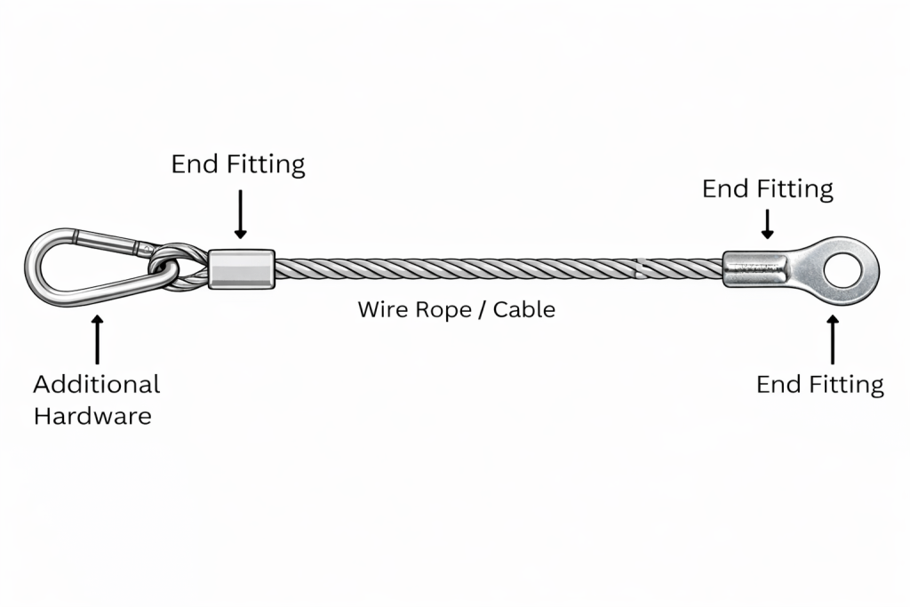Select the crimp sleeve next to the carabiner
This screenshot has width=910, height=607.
[x=242, y=268]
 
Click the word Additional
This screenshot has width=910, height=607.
[x=96, y=384]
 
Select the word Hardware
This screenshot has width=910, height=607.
[x=92, y=416]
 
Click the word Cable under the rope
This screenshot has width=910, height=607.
[x=524, y=309]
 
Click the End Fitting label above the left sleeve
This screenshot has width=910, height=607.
[x=237, y=164]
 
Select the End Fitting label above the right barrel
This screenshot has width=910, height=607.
[x=767, y=189]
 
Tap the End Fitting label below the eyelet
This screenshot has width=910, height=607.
[x=819, y=384]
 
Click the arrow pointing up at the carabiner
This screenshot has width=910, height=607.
[x=97, y=338]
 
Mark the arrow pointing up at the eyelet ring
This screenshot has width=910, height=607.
[x=833, y=339]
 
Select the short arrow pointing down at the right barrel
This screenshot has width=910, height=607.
[x=768, y=224]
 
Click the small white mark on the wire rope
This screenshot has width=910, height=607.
[x=637, y=266]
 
